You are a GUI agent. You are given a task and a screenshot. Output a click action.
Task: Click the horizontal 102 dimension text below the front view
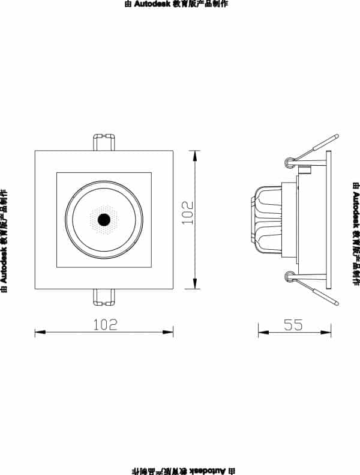point(104,324)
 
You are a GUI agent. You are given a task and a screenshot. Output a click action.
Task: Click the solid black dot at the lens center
point(103,219)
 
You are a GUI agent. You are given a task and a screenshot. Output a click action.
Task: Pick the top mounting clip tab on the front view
point(103,142)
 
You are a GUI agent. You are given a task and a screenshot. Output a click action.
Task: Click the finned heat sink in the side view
point(266,219)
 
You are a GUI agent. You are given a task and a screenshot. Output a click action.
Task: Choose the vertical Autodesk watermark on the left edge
point(4,232)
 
